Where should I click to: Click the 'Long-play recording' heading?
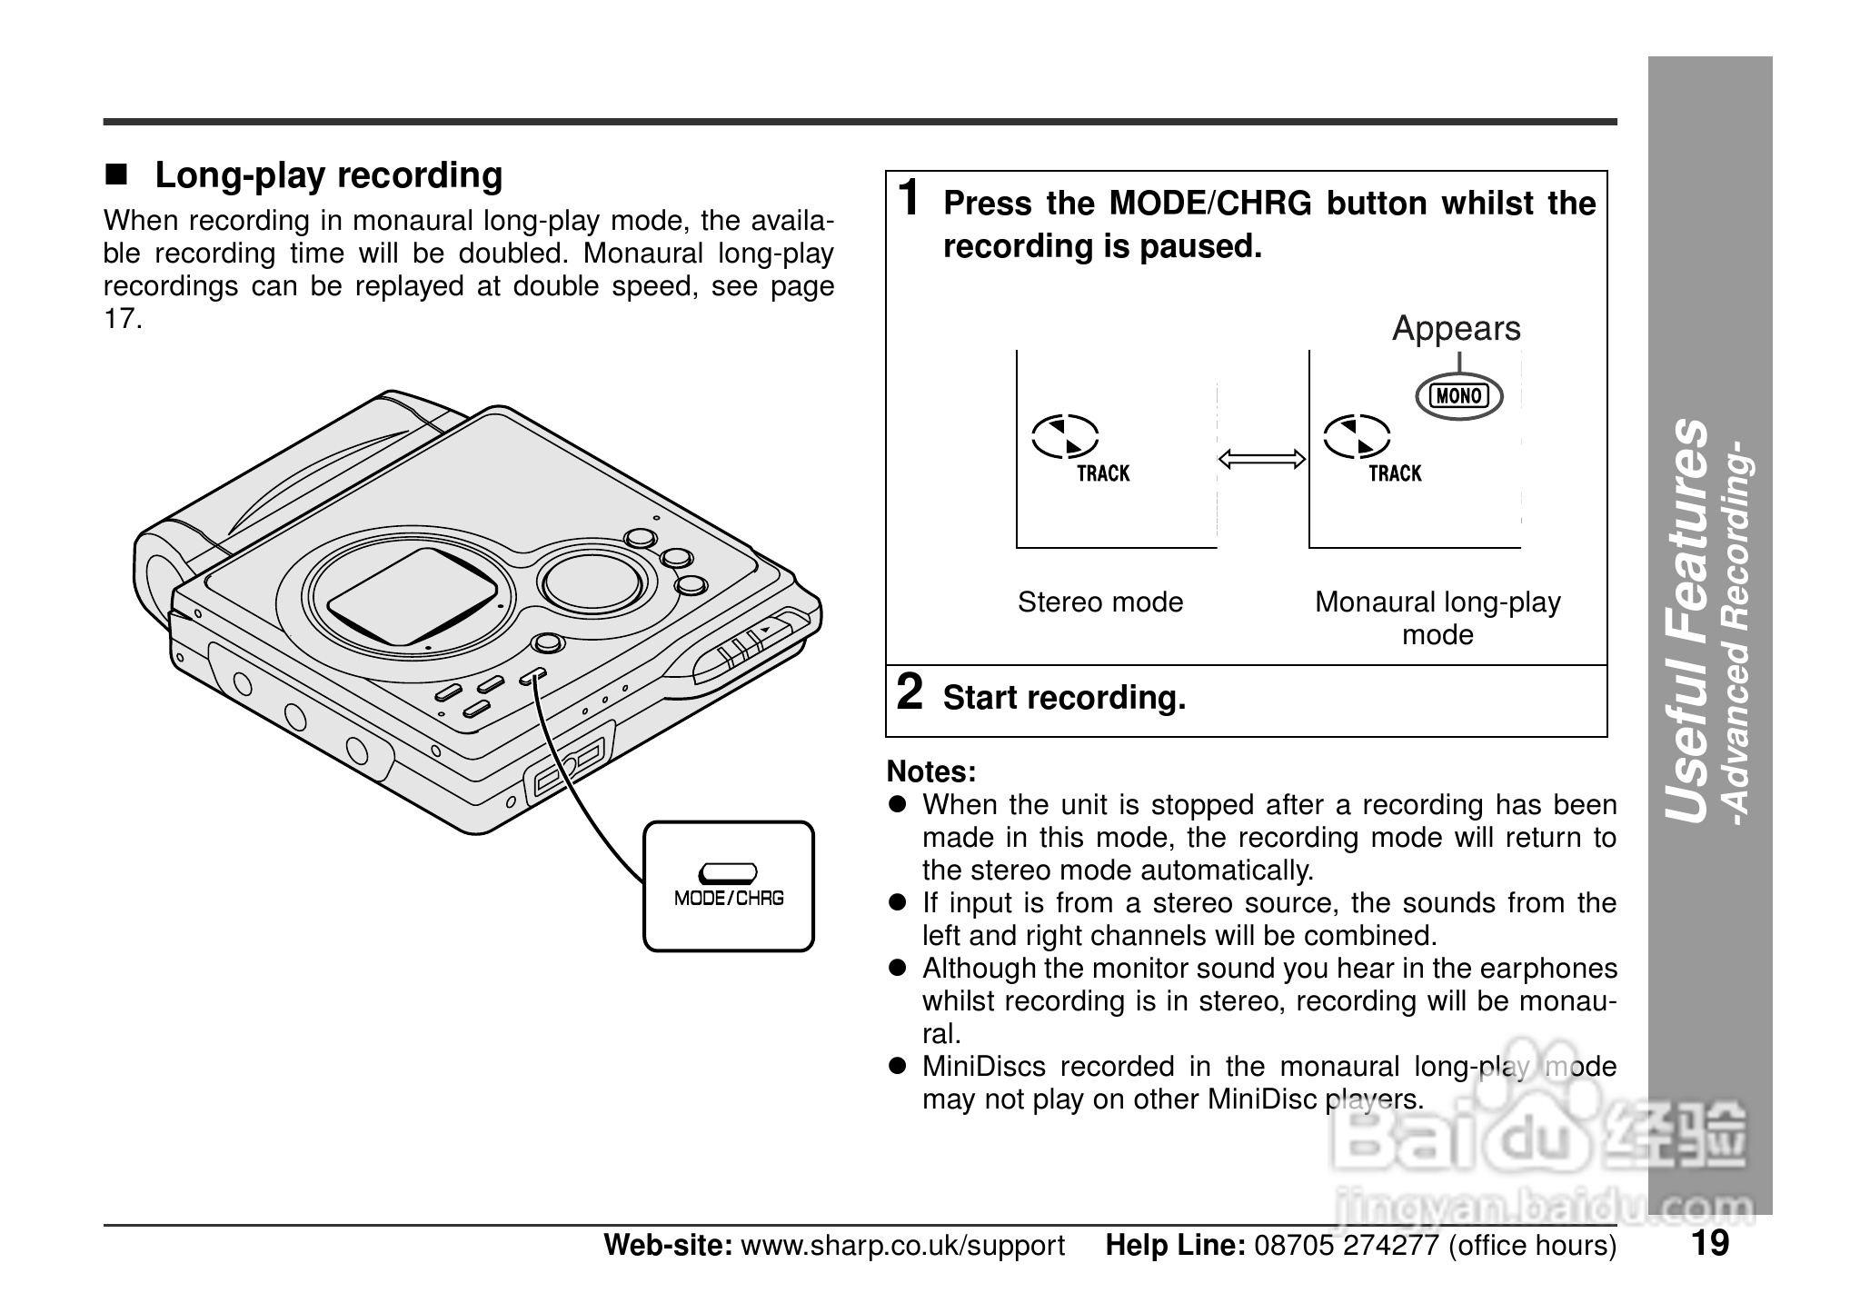pyautogui.click(x=328, y=175)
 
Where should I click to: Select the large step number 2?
pyautogui.click(x=910, y=692)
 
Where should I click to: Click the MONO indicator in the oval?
pyautogui.click(x=1458, y=396)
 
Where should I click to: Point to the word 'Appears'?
pyautogui.click(x=1456, y=329)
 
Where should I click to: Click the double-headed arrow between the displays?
pyautogui.click(x=1261, y=460)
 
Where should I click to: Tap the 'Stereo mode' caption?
pyautogui.click(x=1099, y=602)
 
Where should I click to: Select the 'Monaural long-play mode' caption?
pyautogui.click(x=1437, y=618)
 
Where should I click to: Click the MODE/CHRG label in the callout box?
pyautogui.click(x=729, y=899)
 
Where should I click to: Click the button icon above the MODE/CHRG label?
pyautogui.click(x=728, y=873)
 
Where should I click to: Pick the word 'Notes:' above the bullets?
pyautogui.click(x=931, y=772)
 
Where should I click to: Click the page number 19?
pyautogui.click(x=1710, y=1243)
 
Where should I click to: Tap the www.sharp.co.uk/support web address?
pyautogui.click(x=902, y=1246)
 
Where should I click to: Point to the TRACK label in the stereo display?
pyautogui.click(x=1103, y=473)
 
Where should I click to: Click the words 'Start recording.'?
pyautogui.click(x=1064, y=698)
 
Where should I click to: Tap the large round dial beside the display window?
pyautogui.click(x=592, y=581)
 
